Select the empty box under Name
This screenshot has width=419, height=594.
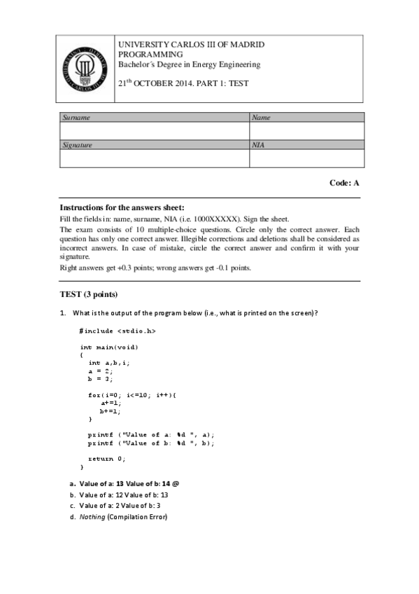pyautogui.click(x=306, y=131)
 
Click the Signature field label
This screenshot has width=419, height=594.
pyautogui.click(x=78, y=145)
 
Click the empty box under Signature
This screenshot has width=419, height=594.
pyautogui.click(x=154, y=158)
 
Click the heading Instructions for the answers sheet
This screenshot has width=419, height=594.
pyautogui.click(x=122, y=207)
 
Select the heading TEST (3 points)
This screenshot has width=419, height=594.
pyautogui.click(x=89, y=293)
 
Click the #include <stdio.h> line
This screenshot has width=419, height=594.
pyautogui.click(x=118, y=330)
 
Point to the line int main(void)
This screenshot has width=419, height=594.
pyautogui.click(x=109, y=347)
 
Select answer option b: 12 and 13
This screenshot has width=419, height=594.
pyautogui.click(x=123, y=495)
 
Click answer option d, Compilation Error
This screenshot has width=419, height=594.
pyautogui.click(x=123, y=517)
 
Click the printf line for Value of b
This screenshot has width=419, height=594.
pyautogui.click(x=151, y=443)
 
